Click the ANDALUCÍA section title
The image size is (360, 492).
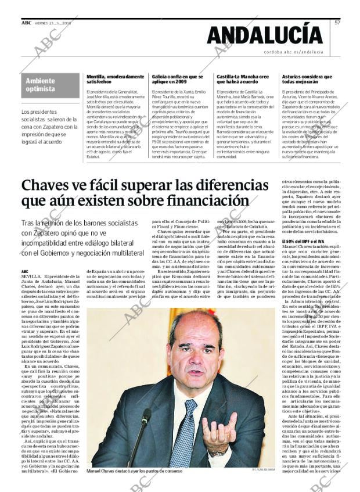tap(265, 35)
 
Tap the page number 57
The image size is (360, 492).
tap(337, 22)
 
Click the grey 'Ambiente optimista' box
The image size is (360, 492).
tap(49, 85)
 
